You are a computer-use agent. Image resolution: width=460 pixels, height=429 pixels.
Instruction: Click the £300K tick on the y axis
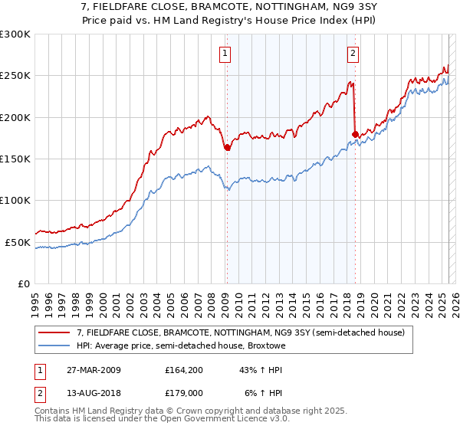click(x=15, y=34)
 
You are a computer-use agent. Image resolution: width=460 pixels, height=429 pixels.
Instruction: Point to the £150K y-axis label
click(x=15, y=159)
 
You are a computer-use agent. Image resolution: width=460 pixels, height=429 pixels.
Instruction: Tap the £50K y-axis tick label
click(x=18, y=242)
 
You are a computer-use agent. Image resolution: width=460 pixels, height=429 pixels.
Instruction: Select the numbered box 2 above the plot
click(x=353, y=54)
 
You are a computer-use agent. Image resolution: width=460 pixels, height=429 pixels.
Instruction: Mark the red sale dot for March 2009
click(x=227, y=147)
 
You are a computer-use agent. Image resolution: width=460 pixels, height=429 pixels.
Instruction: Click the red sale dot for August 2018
click(x=355, y=135)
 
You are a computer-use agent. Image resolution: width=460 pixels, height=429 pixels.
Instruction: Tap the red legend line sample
click(x=54, y=332)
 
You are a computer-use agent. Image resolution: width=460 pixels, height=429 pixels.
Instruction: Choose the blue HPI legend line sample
click(x=54, y=345)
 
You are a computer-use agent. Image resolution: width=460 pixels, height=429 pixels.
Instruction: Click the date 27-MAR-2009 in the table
click(x=93, y=369)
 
